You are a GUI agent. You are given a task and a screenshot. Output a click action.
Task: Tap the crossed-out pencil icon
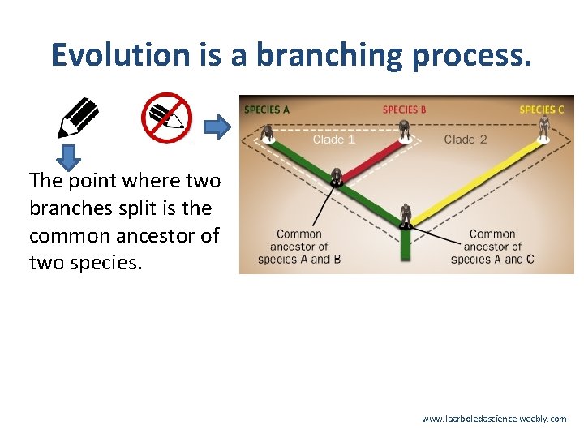click(166, 118)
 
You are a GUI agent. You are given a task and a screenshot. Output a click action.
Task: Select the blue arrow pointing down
click(70, 156)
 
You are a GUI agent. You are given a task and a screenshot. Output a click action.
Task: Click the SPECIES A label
click(267, 109)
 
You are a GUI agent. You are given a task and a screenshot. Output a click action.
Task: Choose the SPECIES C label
click(542, 109)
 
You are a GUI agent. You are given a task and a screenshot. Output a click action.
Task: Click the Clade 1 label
click(333, 140)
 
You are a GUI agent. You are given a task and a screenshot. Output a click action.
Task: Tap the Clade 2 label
click(466, 140)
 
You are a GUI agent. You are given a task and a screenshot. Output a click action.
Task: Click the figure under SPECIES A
click(266, 133)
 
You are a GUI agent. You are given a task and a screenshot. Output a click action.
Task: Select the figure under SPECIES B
click(403, 130)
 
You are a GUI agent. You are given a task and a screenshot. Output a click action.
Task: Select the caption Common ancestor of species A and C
click(492, 247)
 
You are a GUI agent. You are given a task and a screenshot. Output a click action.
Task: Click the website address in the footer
click(494, 419)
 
